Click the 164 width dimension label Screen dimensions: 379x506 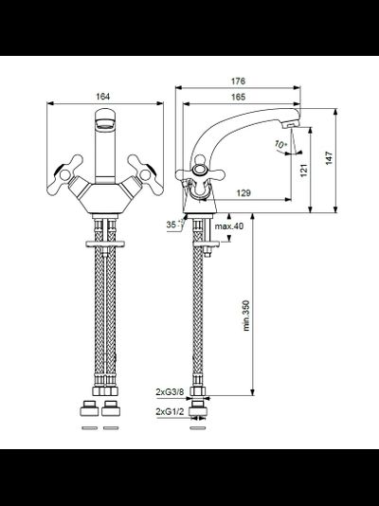103,97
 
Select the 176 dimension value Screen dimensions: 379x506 238,81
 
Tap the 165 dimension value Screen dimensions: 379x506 238,97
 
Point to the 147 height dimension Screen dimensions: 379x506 329,158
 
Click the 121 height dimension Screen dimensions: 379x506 304,170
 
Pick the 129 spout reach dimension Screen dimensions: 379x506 244,193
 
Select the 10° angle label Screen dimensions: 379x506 281,144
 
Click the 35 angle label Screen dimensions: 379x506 171,225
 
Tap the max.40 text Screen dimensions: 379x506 229,226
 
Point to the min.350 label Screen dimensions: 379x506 246,316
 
